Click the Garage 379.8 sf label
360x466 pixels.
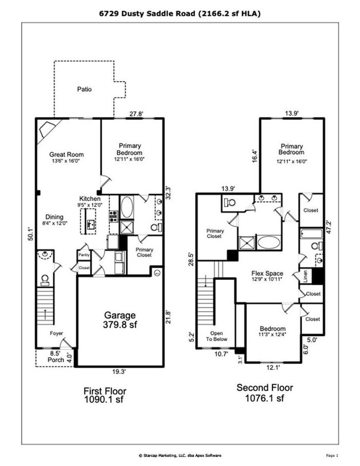tap(120, 319)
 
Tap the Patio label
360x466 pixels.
tap(84, 89)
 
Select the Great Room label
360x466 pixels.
tap(66, 157)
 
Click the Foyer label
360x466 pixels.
tap(56, 333)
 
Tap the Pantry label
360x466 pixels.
tap(84, 255)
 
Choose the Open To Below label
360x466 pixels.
tap(221, 337)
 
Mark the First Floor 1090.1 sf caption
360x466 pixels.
tap(105, 395)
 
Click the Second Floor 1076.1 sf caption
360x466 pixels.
tap(264, 392)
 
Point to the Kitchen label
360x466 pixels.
tap(89, 199)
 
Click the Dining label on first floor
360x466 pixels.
tap(54, 217)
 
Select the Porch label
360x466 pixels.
tap(55, 359)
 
